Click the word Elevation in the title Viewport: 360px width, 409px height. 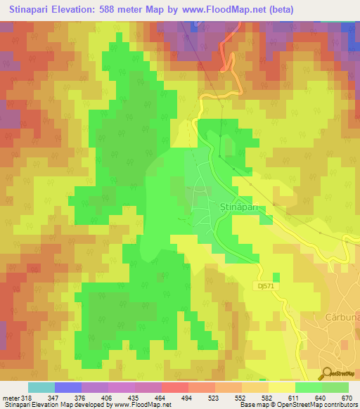pos(86,9)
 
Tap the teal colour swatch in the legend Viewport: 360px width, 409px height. pos(41,388)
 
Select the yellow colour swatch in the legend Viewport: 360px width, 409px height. pos(281,388)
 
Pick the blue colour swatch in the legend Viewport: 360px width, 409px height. pos(68,388)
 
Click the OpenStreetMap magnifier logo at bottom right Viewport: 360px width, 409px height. pos(327,372)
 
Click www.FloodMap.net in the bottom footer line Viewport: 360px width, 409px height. pos(137,405)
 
